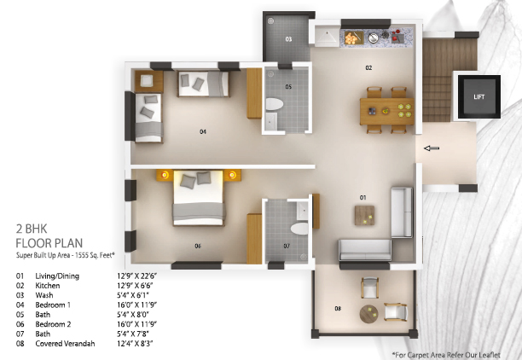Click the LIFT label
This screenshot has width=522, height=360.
tap(479, 97)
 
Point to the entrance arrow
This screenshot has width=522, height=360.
tap(432, 148)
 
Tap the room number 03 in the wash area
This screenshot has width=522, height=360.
tap(288, 39)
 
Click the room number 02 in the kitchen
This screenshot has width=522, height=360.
tap(368, 67)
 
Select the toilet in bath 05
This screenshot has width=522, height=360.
tap(275, 104)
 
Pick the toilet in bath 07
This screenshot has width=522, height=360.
tap(299, 229)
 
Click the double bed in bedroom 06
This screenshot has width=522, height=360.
tap(199, 198)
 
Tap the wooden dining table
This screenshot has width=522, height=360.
tap(387, 111)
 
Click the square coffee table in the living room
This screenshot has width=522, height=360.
tap(364, 216)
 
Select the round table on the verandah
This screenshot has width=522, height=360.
tap(368, 314)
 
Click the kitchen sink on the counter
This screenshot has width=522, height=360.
tap(374, 38)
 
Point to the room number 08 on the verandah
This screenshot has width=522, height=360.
tap(338, 309)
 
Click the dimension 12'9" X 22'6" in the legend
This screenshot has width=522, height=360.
tap(136, 276)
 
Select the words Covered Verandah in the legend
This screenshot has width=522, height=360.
tap(65, 344)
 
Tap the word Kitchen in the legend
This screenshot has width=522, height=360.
tap(48, 286)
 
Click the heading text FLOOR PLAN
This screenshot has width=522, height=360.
tap(49, 243)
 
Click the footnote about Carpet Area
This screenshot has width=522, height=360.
tap(446, 355)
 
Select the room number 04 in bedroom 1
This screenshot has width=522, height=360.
tap(203, 132)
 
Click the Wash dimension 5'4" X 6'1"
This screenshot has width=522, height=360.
tap(133, 295)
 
